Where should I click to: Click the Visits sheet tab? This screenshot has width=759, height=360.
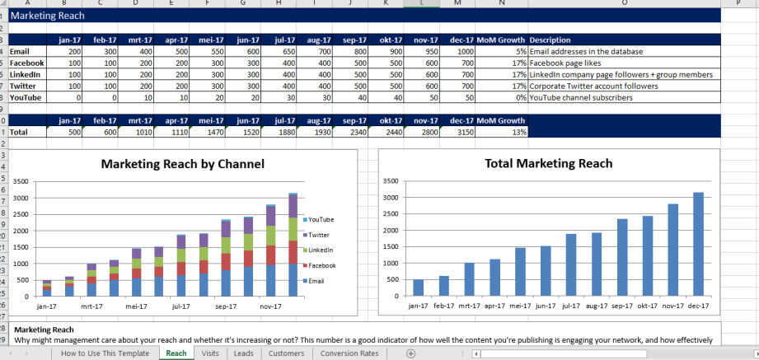[x=210, y=353]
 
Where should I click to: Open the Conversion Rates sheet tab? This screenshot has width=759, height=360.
[x=349, y=353]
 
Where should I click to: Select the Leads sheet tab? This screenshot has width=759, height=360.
[x=243, y=353]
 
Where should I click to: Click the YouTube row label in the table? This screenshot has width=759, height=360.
[x=26, y=97]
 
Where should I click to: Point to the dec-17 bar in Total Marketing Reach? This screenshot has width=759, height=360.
[x=698, y=244]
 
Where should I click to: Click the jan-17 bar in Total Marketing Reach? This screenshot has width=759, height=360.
[x=418, y=288]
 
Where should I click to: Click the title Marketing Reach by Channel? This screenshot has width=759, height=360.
[x=184, y=164]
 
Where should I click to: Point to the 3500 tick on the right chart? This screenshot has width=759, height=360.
[x=391, y=181]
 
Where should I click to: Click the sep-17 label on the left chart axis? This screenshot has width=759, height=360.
[x=225, y=306]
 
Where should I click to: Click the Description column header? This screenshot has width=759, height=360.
[x=551, y=40]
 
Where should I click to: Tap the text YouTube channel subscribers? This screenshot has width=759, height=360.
[x=581, y=97]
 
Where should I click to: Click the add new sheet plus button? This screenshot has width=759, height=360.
[x=410, y=353]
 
